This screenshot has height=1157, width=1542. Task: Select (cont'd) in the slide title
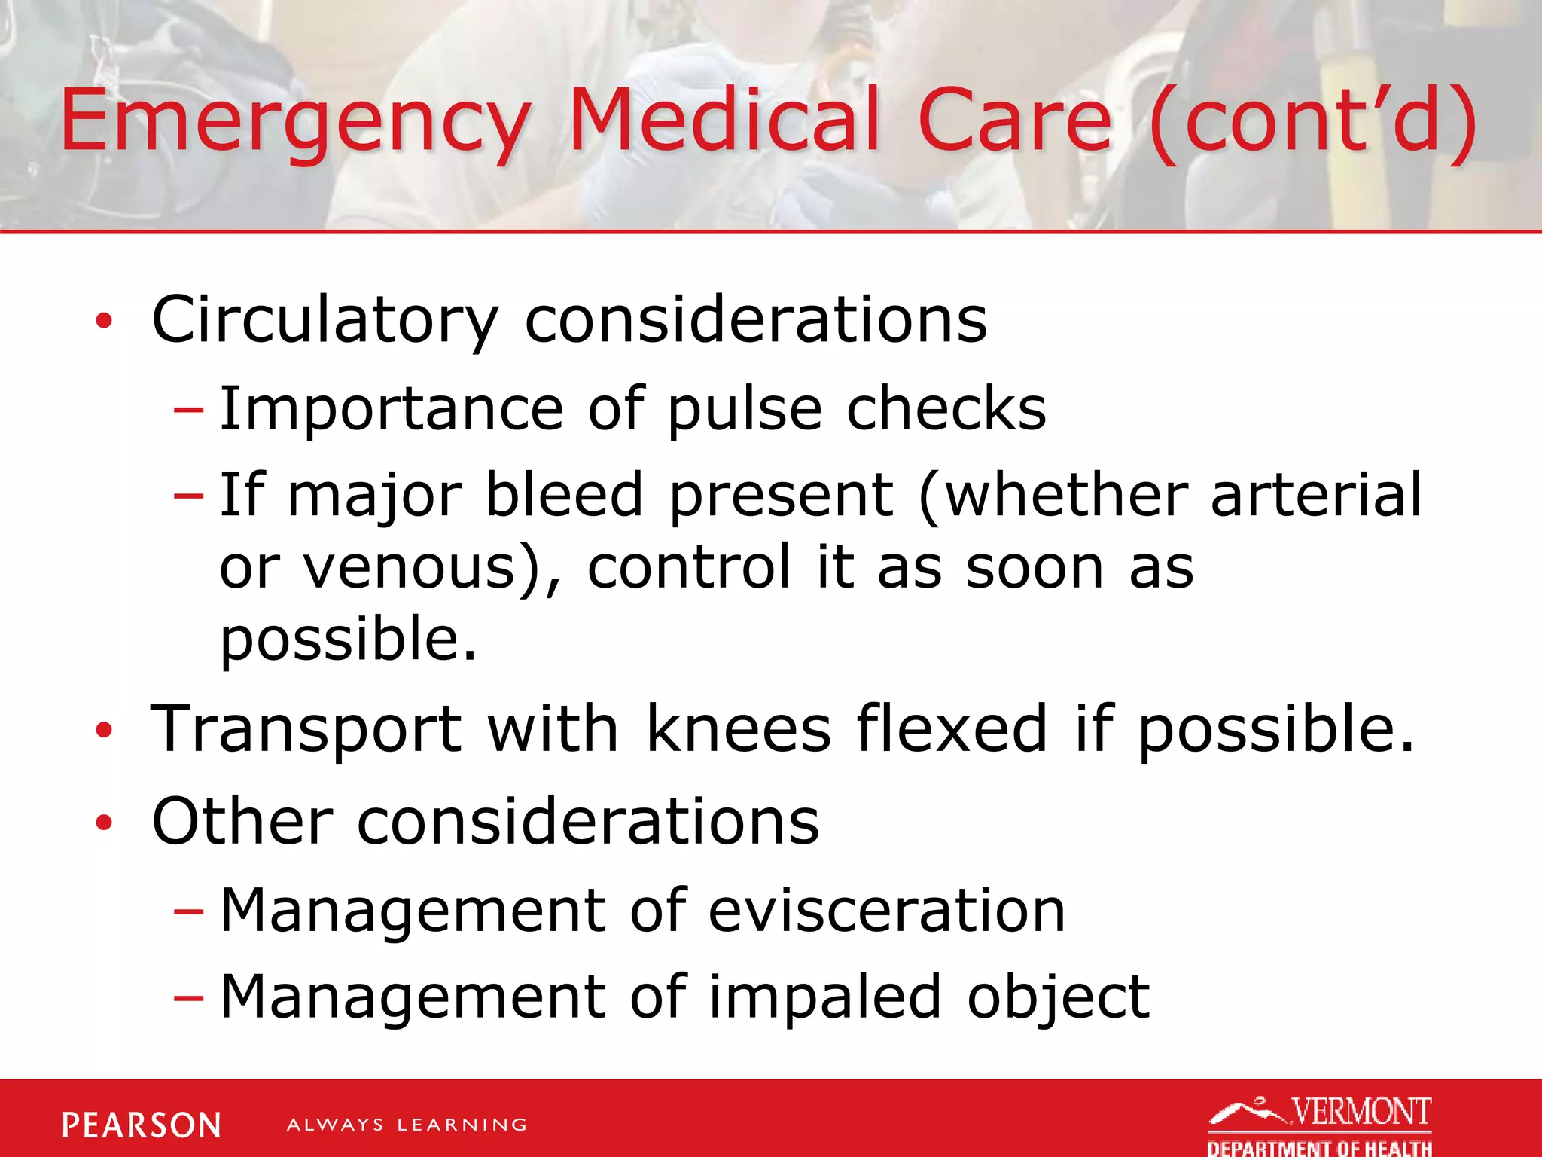pyautogui.click(x=1313, y=121)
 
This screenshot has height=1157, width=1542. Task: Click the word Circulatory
pyautogui.click(x=325, y=321)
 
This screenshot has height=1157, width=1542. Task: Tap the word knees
pyautogui.click(x=739, y=729)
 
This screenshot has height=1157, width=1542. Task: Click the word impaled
pyautogui.click(x=825, y=997)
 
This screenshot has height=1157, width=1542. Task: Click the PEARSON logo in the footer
pyautogui.click(x=142, y=1125)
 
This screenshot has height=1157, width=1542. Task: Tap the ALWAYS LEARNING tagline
pyautogui.click(x=407, y=1125)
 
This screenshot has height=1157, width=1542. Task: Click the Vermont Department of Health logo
pyautogui.click(x=1320, y=1125)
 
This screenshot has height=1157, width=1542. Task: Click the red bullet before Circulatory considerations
pyautogui.click(x=104, y=322)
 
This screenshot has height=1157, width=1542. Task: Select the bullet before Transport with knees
pyautogui.click(x=104, y=730)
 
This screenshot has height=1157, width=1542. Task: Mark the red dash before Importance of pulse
pyautogui.click(x=188, y=411)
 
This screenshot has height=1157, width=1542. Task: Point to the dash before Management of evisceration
pyautogui.click(x=188, y=912)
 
